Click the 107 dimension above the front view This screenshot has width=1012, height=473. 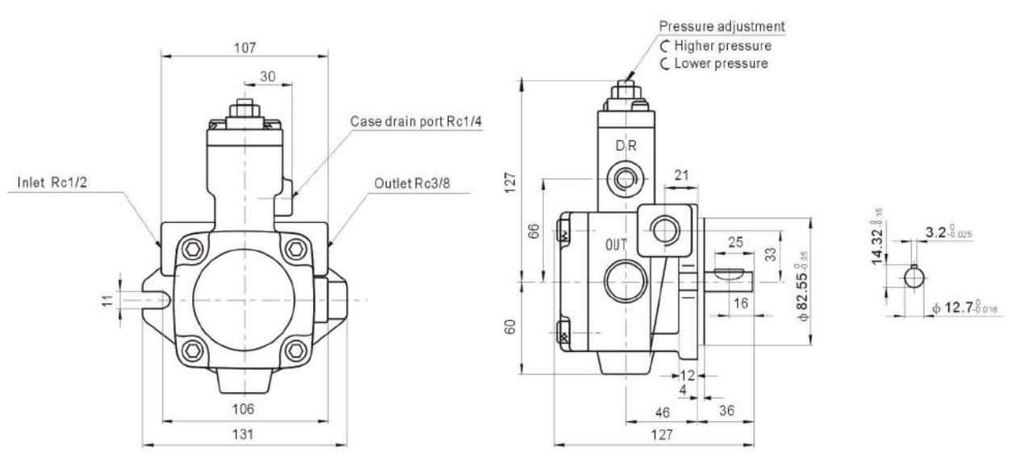[245, 48]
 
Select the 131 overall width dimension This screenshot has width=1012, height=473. [244, 434]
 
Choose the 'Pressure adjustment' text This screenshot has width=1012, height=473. [722, 26]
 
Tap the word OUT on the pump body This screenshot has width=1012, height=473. [617, 243]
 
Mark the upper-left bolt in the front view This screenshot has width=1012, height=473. [194, 249]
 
